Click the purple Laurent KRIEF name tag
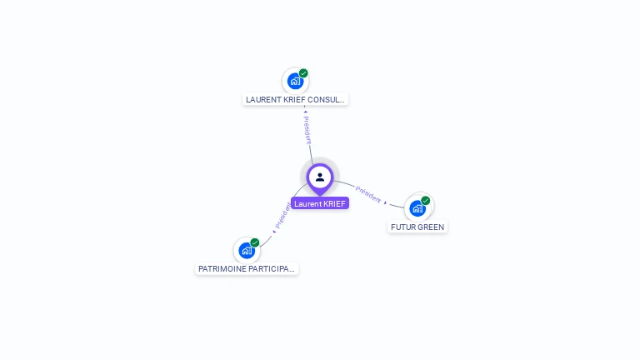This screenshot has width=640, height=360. [320, 203]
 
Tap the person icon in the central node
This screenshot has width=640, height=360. [320, 177]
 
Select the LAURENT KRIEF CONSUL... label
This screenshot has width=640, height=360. [295, 99]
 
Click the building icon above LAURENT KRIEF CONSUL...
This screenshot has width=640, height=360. [295, 81]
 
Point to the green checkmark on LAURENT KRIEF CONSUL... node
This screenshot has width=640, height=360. [304, 73]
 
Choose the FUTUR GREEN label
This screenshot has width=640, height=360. [417, 227]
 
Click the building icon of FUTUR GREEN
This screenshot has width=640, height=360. [417, 208]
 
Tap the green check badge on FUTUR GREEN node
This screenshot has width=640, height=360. [426, 201]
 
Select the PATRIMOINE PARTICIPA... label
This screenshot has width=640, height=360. [247, 269]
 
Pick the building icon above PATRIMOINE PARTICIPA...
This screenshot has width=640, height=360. [247, 250]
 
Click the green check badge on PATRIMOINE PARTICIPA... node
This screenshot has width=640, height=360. [255, 242]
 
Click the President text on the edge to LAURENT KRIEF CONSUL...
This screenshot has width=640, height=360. [307, 131]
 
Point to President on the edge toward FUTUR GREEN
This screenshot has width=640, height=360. [367, 195]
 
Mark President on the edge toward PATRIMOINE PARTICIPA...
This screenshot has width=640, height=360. [282, 216]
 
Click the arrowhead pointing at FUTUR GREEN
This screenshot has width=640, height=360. [386, 202]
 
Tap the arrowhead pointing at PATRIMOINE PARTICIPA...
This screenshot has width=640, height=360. [273, 232]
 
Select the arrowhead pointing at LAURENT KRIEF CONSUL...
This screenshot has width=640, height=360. [306, 110]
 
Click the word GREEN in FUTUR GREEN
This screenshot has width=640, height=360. [431, 227]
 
